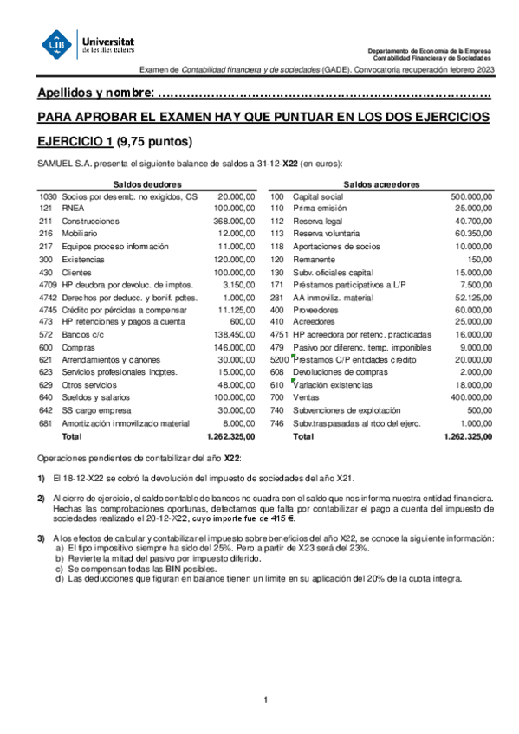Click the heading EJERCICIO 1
pos(75,142)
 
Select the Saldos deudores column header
pos(147,184)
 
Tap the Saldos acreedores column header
pos(381,184)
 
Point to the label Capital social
pos(318,196)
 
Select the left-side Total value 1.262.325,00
pos(231,437)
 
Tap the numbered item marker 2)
pos(41,498)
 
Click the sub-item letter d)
pos(59,579)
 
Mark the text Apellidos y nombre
pos(96,93)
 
